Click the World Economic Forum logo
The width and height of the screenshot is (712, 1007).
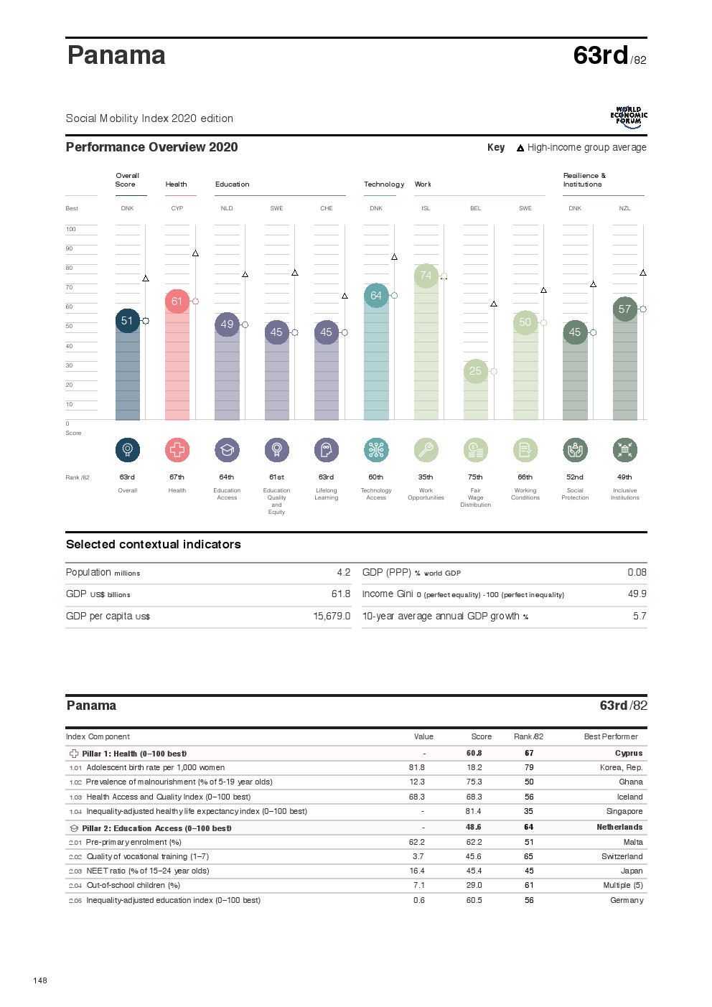[x=629, y=117]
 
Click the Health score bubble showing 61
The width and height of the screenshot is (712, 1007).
[x=177, y=301]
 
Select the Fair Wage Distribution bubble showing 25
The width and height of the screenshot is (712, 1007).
[x=475, y=371]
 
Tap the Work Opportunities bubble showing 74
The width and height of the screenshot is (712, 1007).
[x=426, y=276]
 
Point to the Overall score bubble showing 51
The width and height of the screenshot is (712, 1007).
[x=127, y=321]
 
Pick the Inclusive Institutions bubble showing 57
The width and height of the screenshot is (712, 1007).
[x=624, y=309]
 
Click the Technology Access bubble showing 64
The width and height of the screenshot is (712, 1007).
[x=376, y=296]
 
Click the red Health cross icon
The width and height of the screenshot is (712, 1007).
[x=177, y=450]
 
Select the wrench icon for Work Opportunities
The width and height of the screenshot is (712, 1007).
[x=426, y=450]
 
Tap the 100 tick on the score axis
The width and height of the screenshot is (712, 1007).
[x=71, y=230]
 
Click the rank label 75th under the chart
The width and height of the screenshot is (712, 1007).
[x=475, y=477]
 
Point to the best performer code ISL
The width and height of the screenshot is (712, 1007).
[x=426, y=209]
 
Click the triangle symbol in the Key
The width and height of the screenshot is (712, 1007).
[x=520, y=149]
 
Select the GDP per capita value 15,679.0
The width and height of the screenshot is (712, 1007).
[x=332, y=617]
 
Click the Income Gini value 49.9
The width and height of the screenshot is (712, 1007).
[x=637, y=594]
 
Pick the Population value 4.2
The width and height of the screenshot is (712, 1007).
[x=344, y=573]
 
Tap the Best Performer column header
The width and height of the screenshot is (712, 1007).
[x=611, y=737]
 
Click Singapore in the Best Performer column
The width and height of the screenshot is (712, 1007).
[x=624, y=812]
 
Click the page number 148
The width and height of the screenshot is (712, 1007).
[x=40, y=980]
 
